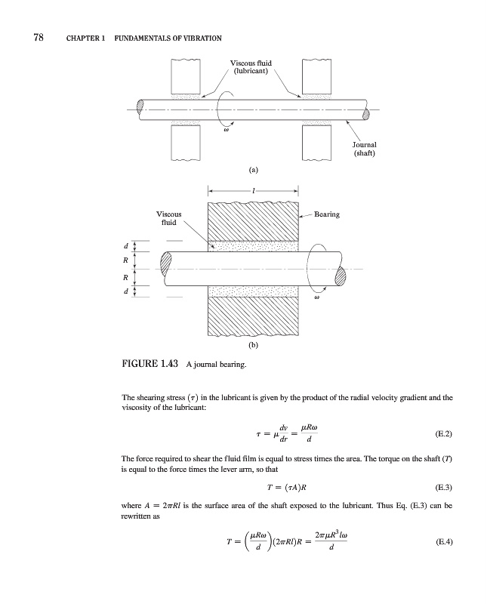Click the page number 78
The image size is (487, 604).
pos(36,37)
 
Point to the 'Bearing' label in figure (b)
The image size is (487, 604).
pos(325,214)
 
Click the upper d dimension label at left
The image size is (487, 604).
pos(125,245)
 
